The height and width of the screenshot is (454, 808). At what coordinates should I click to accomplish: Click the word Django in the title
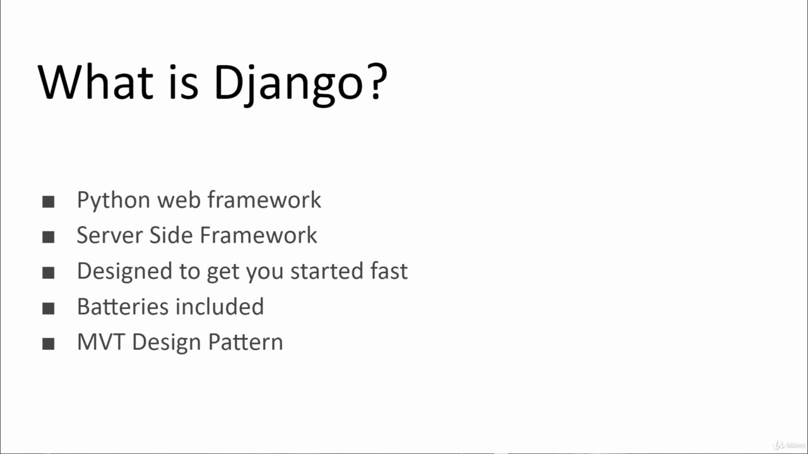288,85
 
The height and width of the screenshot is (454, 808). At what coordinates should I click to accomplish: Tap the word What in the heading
95,82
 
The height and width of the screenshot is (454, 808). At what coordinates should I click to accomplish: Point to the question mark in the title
377,82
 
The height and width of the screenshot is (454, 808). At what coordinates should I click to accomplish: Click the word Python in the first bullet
113,201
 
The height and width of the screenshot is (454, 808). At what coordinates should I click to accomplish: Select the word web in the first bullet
179,200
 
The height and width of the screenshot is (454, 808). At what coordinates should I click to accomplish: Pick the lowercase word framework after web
264,199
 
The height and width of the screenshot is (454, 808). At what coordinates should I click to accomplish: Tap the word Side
171,235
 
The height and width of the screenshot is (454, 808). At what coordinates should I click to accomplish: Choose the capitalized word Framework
258,235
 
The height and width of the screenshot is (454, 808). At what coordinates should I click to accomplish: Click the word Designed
124,271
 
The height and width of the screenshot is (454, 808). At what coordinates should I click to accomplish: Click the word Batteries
122,306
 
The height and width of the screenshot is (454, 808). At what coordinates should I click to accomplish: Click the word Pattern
246,342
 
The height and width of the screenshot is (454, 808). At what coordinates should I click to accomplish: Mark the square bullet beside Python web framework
49,202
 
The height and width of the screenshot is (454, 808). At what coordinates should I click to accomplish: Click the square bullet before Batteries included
49,308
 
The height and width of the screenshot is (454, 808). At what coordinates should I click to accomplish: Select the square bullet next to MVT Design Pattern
49,344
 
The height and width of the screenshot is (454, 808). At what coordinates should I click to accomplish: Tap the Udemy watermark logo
789,445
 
